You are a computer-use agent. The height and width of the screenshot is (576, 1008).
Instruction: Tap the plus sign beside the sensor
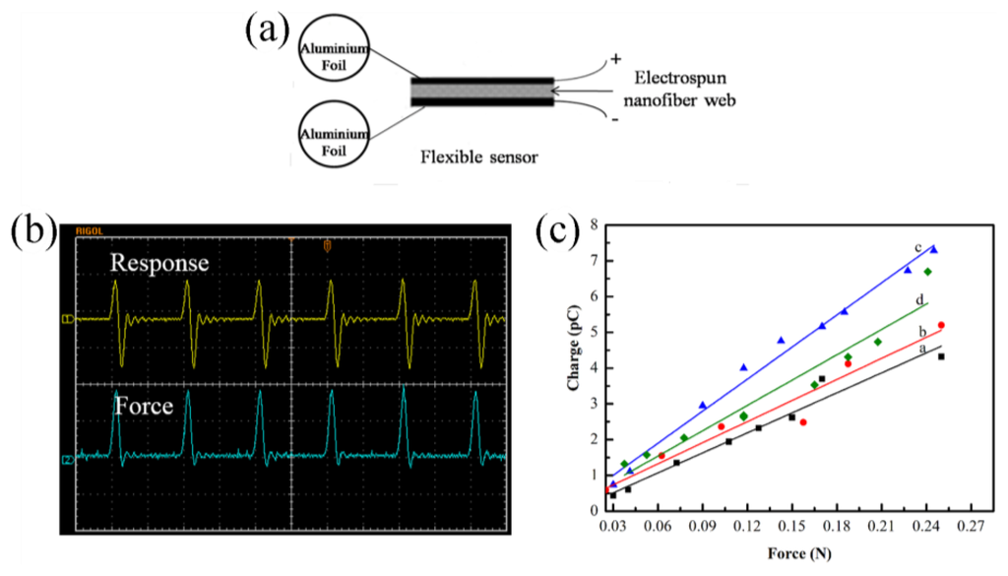click(x=616, y=59)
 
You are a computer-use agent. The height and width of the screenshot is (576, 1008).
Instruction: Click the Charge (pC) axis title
click(x=574, y=367)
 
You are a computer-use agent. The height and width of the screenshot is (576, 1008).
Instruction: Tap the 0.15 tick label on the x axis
click(x=792, y=527)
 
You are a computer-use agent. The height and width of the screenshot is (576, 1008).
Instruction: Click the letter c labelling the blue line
click(x=917, y=247)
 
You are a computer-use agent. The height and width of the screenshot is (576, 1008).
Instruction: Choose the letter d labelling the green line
click(x=917, y=299)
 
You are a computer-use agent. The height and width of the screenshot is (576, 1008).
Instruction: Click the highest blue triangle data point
click(x=933, y=250)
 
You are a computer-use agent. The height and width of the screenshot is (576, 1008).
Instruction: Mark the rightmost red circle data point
click(x=941, y=325)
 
